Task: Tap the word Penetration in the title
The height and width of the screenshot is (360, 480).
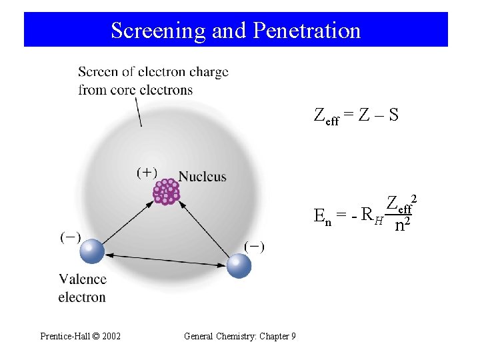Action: (x=305, y=31)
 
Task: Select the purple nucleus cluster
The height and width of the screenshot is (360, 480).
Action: (x=166, y=191)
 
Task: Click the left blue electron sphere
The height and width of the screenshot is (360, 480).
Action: (x=92, y=251)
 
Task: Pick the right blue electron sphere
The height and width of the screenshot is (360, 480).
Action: (x=239, y=266)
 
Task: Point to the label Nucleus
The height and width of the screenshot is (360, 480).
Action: (x=203, y=177)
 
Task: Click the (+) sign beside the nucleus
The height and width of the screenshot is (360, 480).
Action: (x=147, y=173)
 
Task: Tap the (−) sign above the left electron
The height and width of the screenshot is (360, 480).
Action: (x=70, y=237)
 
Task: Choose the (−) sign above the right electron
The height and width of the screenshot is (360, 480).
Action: (x=253, y=247)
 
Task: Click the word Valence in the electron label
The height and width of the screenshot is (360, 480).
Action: (x=82, y=279)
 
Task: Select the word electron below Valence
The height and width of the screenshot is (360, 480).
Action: (x=82, y=297)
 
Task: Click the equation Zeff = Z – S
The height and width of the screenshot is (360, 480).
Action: (x=356, y=115)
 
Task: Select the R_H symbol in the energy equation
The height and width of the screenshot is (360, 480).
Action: (x=370, y=215)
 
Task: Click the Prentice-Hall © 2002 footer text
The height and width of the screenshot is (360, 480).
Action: (x=81, y=336)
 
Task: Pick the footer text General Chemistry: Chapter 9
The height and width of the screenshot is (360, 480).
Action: (x=239, y=336)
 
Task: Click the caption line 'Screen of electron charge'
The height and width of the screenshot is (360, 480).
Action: (x=153, y=72)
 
